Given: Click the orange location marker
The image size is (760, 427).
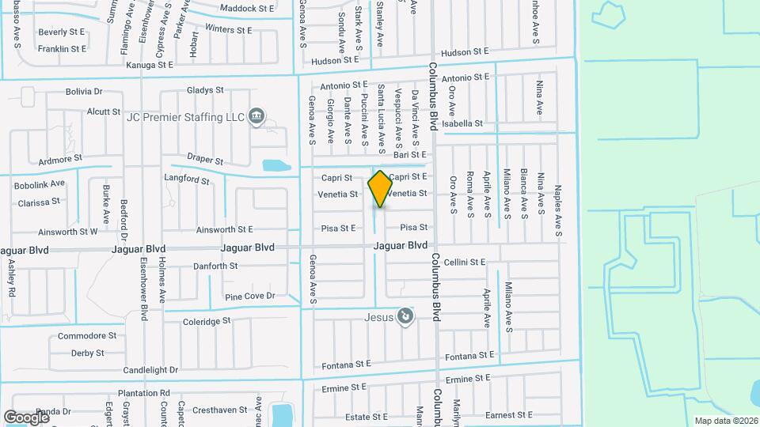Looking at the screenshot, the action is click(x=380, y=189).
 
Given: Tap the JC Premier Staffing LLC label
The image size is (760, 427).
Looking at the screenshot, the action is click(x=186, y=117).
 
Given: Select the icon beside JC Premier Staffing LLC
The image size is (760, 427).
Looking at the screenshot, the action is click(x=256, y=117).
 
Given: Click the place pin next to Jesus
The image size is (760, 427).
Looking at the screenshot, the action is click(x=405, y=317).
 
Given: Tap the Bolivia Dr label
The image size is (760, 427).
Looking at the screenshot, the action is click(x=85, y=92).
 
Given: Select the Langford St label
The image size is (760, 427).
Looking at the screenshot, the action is click(x=186, y=179).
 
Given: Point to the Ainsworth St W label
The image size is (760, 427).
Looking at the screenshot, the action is click(x=68, y=232).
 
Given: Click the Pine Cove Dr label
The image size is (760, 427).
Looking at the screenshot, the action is click(x=249, y=297).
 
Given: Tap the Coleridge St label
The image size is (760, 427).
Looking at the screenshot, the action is click(x=207, y=321).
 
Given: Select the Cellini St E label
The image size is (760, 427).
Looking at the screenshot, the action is click(x=464, y=262).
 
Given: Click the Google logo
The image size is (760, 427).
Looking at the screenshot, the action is click(x=26, y=416).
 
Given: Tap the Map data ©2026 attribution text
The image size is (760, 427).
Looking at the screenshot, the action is click(x=725, y=421).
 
